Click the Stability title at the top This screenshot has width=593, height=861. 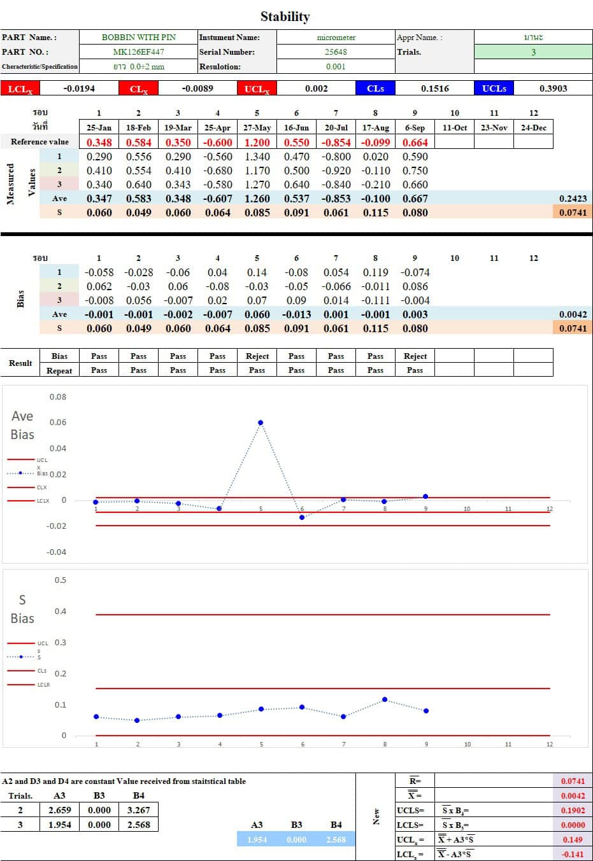[x=285, y=17]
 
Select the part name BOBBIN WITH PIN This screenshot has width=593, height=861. [x=139, y=38]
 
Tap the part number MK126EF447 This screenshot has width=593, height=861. [x=139, y=52]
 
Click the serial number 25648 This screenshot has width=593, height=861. [x=336, y=52]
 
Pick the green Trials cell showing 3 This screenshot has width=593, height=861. [x=533, y=52]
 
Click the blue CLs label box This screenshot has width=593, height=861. [x=375, y=88]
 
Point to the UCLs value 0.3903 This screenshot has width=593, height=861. [x=553, y=88]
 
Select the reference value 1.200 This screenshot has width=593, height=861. [x=257, y=143]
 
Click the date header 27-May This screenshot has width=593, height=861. [x=257, y=127]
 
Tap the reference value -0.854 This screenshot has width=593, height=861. [x=336, y=143]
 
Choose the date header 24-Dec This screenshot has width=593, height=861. [x=533, y=127]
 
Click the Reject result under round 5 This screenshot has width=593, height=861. [x=257, y=356]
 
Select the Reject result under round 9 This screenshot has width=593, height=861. [x=415, y=356]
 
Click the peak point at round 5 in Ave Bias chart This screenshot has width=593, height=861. [x=261, y=423]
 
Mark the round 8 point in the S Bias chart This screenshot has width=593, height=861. [x=385, y=700]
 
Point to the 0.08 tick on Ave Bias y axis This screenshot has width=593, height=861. [x=58, y=397]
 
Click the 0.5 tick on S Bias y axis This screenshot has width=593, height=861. [x=61, y=580]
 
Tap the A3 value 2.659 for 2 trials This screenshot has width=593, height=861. [x=60, y=810]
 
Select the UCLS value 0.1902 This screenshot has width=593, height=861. [x=573, y=810]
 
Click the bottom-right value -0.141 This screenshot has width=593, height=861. [x=573, y=854]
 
